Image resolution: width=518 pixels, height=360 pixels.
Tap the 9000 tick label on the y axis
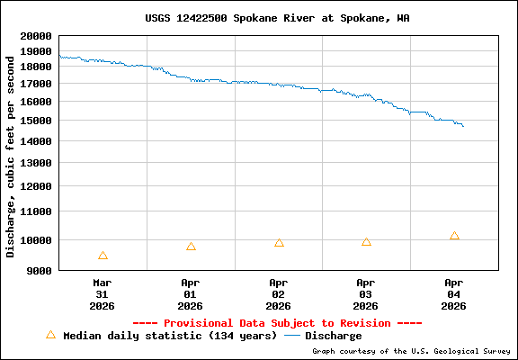coord(37,270)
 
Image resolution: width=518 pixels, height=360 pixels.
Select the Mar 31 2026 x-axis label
coord(103,293)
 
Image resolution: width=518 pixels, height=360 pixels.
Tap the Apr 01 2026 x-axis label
coord(191,293)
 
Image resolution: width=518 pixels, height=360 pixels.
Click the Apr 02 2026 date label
coord(279,293)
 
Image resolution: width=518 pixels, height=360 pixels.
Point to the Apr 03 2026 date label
coord(366,293)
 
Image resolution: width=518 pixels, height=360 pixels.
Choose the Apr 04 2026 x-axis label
coord(454,293)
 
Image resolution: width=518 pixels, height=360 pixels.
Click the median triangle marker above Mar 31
coord(103,256)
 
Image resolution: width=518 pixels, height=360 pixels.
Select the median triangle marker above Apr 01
coord(191,246)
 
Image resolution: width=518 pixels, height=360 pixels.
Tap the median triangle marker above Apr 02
coord(279,243)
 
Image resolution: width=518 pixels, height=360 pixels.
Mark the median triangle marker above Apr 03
coord(366,241)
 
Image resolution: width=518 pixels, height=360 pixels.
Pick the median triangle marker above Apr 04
coord(454,236)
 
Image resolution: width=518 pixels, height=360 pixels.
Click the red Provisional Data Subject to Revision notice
coord(277,322)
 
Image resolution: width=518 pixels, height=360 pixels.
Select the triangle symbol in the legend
coord(50,335)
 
